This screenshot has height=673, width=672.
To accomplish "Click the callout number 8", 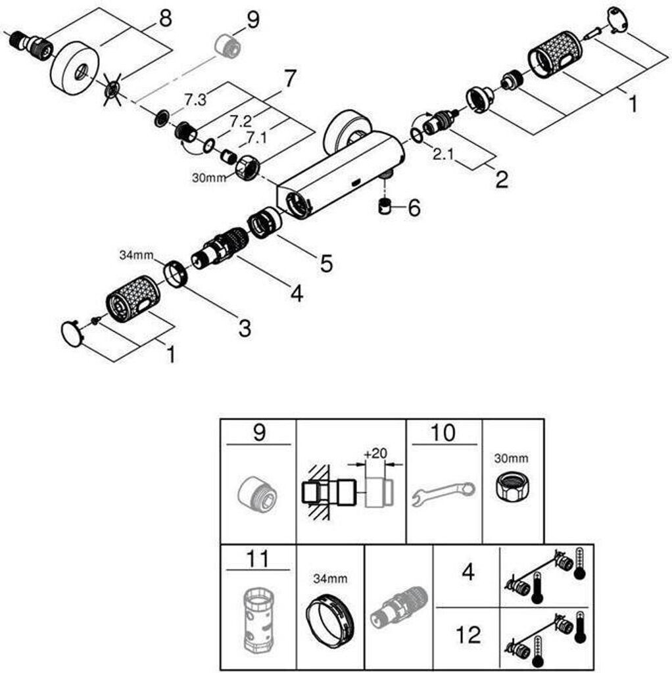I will pos(164,19).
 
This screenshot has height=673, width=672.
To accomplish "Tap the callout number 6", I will pos(414,208).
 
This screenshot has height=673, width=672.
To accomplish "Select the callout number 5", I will pos(326,264).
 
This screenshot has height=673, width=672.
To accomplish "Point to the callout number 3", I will pos(245,328).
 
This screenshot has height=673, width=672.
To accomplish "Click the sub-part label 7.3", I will pos(195,99).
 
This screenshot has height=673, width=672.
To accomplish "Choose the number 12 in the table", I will pos(468,635).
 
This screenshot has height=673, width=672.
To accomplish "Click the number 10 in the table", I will pos(444,433).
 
